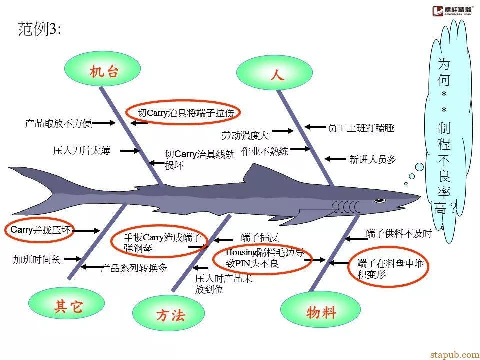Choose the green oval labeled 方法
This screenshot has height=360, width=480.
tap(168, 313)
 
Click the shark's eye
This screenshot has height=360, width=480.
tap(379, 200)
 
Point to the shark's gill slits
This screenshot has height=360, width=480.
tap(346, 207)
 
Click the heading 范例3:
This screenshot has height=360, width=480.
tap(40, 29)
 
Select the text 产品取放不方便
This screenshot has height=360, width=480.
tap(59, 123)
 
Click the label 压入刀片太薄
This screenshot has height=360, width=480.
tap(81, 150)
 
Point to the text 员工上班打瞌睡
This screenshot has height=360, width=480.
tap(361, 128)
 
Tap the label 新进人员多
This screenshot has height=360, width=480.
tap(373, 159)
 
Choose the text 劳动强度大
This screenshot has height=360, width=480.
tap(245, 135)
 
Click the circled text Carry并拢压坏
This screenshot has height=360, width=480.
tap(40, 230)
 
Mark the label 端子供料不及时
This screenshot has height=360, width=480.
tap(399, 234)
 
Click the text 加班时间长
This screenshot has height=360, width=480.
tap(37, 260)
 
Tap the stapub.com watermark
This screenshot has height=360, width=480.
tap(455, 354)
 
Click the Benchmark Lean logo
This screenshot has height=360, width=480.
tap(453, 11)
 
